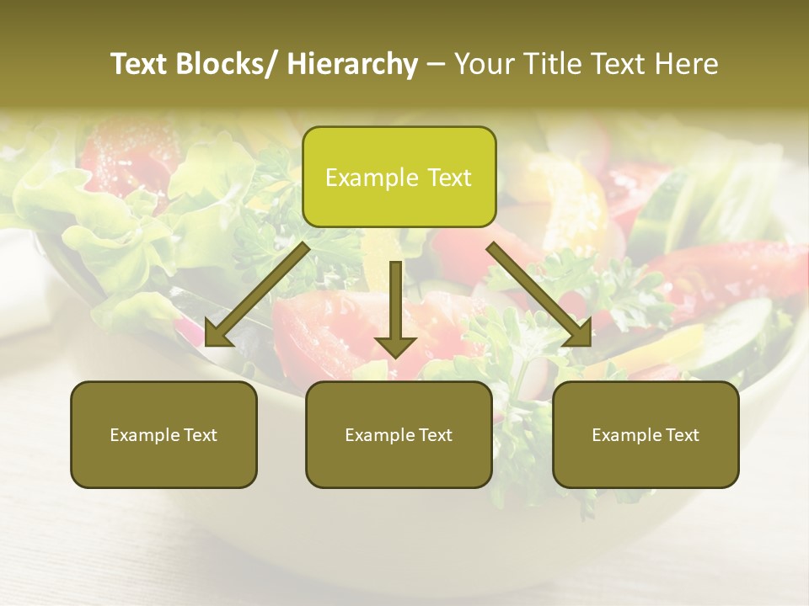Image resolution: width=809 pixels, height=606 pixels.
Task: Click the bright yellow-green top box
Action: click(399, 177)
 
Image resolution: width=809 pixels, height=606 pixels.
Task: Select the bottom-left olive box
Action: click(163, 434)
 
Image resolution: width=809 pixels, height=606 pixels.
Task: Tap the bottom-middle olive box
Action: click(399, 434)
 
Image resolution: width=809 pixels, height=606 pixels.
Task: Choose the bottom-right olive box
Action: click(646, 434)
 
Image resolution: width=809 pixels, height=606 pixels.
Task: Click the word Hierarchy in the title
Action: click(352, 64)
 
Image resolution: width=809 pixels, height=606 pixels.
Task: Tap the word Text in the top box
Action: click(448, 178)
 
